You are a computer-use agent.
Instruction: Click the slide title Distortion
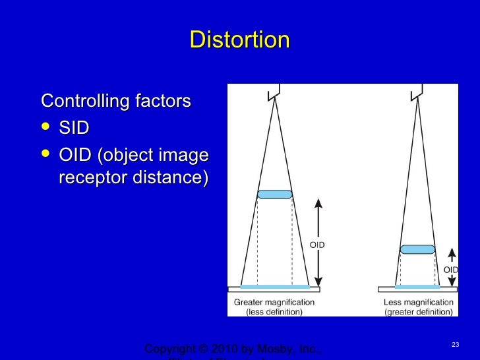coord(239,40)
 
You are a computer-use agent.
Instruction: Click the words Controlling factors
coord(116,102)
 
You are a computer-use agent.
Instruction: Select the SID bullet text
coord(74,127)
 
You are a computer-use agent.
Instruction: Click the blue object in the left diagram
coord(274,195)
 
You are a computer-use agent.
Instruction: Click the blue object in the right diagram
coord(417,249)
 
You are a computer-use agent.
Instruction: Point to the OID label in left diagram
coord(317,245)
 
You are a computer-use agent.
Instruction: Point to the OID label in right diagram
coord(450,270)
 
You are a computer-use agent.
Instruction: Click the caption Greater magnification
coord(274,303)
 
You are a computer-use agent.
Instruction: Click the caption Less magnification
coord(418,303)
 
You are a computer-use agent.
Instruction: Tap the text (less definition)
coord(274,312)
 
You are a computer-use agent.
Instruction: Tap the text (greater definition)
coord(418,312)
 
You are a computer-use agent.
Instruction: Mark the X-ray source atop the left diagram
coord(274,92)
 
